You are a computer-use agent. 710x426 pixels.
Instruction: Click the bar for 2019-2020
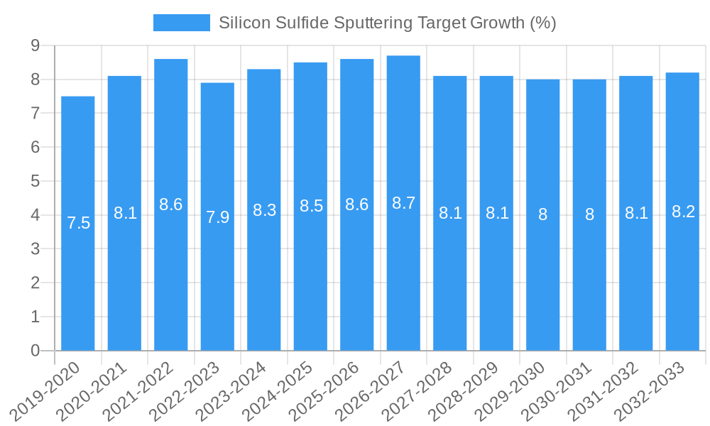click(78, 284)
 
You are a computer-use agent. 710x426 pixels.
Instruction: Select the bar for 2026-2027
click(403, 284)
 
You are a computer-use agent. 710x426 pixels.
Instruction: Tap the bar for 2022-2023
click(217, 284)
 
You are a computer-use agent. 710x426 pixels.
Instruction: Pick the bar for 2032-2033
click(682, 284)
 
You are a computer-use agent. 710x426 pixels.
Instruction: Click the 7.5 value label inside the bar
click(78, 223)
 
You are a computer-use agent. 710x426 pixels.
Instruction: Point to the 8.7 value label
click(403, 203)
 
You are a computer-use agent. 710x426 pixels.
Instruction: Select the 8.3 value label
click(264, 210)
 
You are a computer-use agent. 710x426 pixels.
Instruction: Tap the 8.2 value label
click(682, 212)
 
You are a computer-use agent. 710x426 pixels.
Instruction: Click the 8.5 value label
click(311, 207)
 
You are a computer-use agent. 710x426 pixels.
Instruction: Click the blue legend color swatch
click(182, 23)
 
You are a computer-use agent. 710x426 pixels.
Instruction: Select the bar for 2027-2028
click(450, 284)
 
